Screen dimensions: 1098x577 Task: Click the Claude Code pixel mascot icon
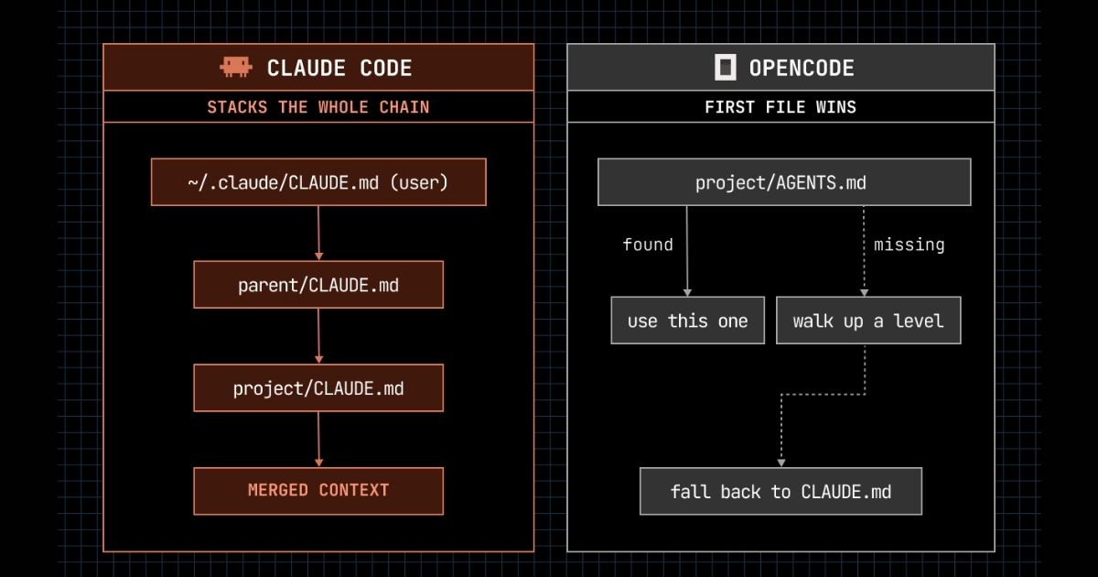coord(236,67)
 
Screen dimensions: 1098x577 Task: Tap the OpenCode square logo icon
coord(725,67)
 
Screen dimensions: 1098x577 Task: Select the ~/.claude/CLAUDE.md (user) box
coord(318,182)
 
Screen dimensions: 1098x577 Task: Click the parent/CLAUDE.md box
coord(318,285)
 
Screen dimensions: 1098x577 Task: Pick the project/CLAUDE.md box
coord(318,387)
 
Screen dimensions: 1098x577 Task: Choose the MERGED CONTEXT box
coord(318,491)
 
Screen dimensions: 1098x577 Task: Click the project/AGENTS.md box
coord(784,182)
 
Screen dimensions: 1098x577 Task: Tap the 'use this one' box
coord(688,321)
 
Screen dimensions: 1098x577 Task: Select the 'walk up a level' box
coord(868,321)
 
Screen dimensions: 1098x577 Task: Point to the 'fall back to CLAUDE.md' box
coord(780,491)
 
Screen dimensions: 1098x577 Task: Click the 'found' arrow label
coord(648,245)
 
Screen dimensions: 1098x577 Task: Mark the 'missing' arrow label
coord(910,245)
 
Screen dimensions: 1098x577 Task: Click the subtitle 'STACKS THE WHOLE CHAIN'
coord(318,107)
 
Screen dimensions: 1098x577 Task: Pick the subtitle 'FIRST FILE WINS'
coord(780,107)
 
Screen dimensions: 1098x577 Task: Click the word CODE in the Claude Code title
coord(386,68)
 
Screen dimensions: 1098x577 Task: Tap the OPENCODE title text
coord(802,68)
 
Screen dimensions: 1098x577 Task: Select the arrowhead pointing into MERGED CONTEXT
coord(318,463)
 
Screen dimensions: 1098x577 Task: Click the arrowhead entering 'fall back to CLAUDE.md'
coord(781,463)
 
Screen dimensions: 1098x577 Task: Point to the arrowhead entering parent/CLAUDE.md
coord(318,256)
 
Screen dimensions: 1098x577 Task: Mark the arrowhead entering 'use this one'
coord(687,292)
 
